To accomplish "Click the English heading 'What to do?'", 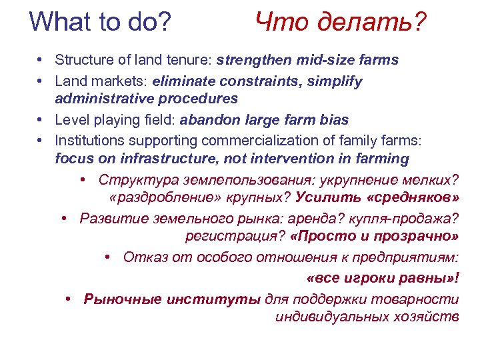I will pos(100,22).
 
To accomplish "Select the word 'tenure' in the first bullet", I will pos(189,60).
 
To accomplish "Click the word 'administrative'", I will pos(100,99).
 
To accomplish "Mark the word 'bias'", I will pos(333,120).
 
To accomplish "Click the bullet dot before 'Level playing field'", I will pos(41,120).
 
